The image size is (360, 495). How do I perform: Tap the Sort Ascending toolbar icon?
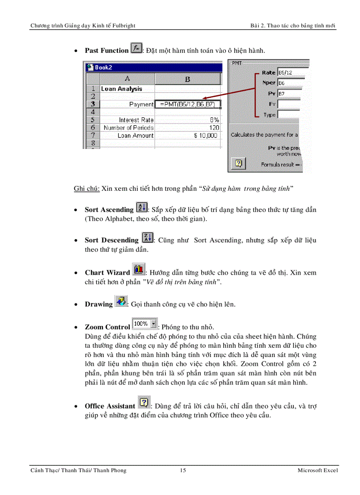(x=142, y=208)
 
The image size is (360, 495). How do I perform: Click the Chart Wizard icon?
(x=139, y=270)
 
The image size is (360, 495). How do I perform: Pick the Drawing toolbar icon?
(x=120, y=302)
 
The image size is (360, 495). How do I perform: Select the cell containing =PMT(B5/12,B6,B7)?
(x=187, y=104)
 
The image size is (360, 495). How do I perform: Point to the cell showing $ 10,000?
(x=187, y=136)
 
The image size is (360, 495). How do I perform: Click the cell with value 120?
(x=187, y=128)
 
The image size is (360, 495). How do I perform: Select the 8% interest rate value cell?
(x=187, y=120)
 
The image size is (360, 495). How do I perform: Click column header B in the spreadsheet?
(x=187, y=79)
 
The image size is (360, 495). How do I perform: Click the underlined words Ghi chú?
(x=86, y=189)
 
